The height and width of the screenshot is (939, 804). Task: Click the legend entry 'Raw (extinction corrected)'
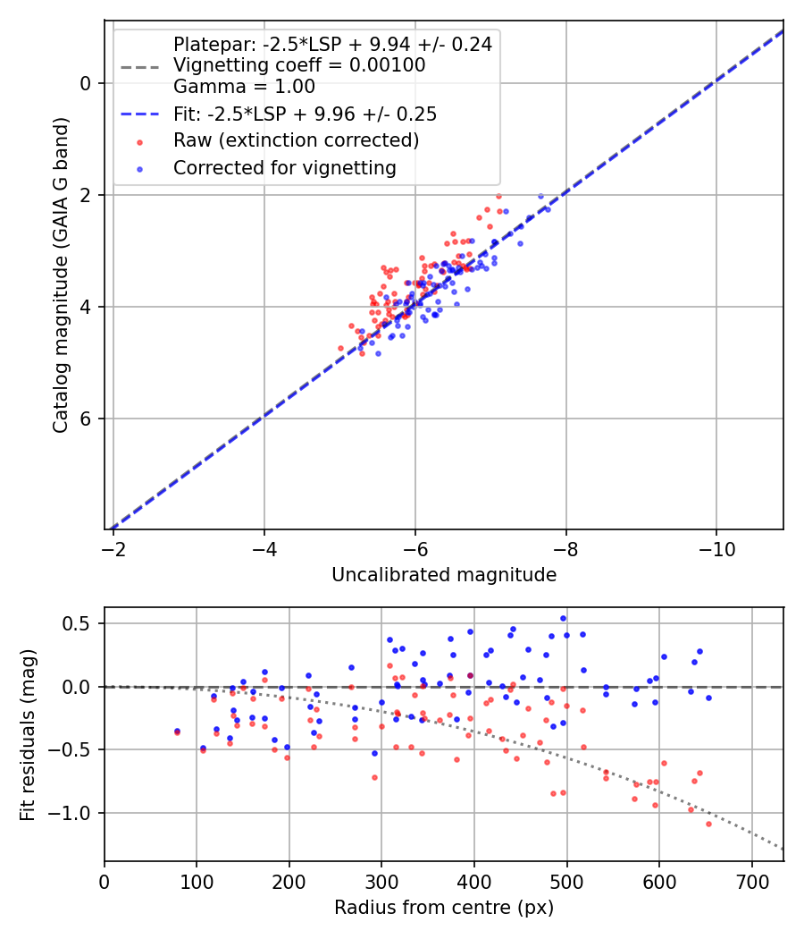[x=296, y=140]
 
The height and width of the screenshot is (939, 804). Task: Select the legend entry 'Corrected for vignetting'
[x=284, y=167]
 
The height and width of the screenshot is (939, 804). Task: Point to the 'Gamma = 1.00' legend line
[x=244, y=87]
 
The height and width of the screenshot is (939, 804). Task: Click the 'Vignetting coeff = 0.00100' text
[x=299, y=65]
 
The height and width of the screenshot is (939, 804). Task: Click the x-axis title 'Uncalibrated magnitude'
[x=444, y=575]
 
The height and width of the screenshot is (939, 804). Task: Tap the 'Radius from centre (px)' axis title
[x=444, y=908]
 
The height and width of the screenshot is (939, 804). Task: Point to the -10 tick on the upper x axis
[x=716, y=548]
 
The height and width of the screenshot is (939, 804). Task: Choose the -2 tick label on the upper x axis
[x=113, y=548]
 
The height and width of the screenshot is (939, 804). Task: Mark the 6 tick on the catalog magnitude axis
[x=86, y=419]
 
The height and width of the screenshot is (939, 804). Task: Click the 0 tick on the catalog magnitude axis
[x=86, y=83]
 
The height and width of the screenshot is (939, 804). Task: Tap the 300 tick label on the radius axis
[x=381, y=881]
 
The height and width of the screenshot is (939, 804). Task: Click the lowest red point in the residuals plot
[x=708, y=824]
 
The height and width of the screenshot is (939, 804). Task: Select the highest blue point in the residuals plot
[x=563, y=618]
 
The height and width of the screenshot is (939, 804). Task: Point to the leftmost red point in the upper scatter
[x=340, y=348]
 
